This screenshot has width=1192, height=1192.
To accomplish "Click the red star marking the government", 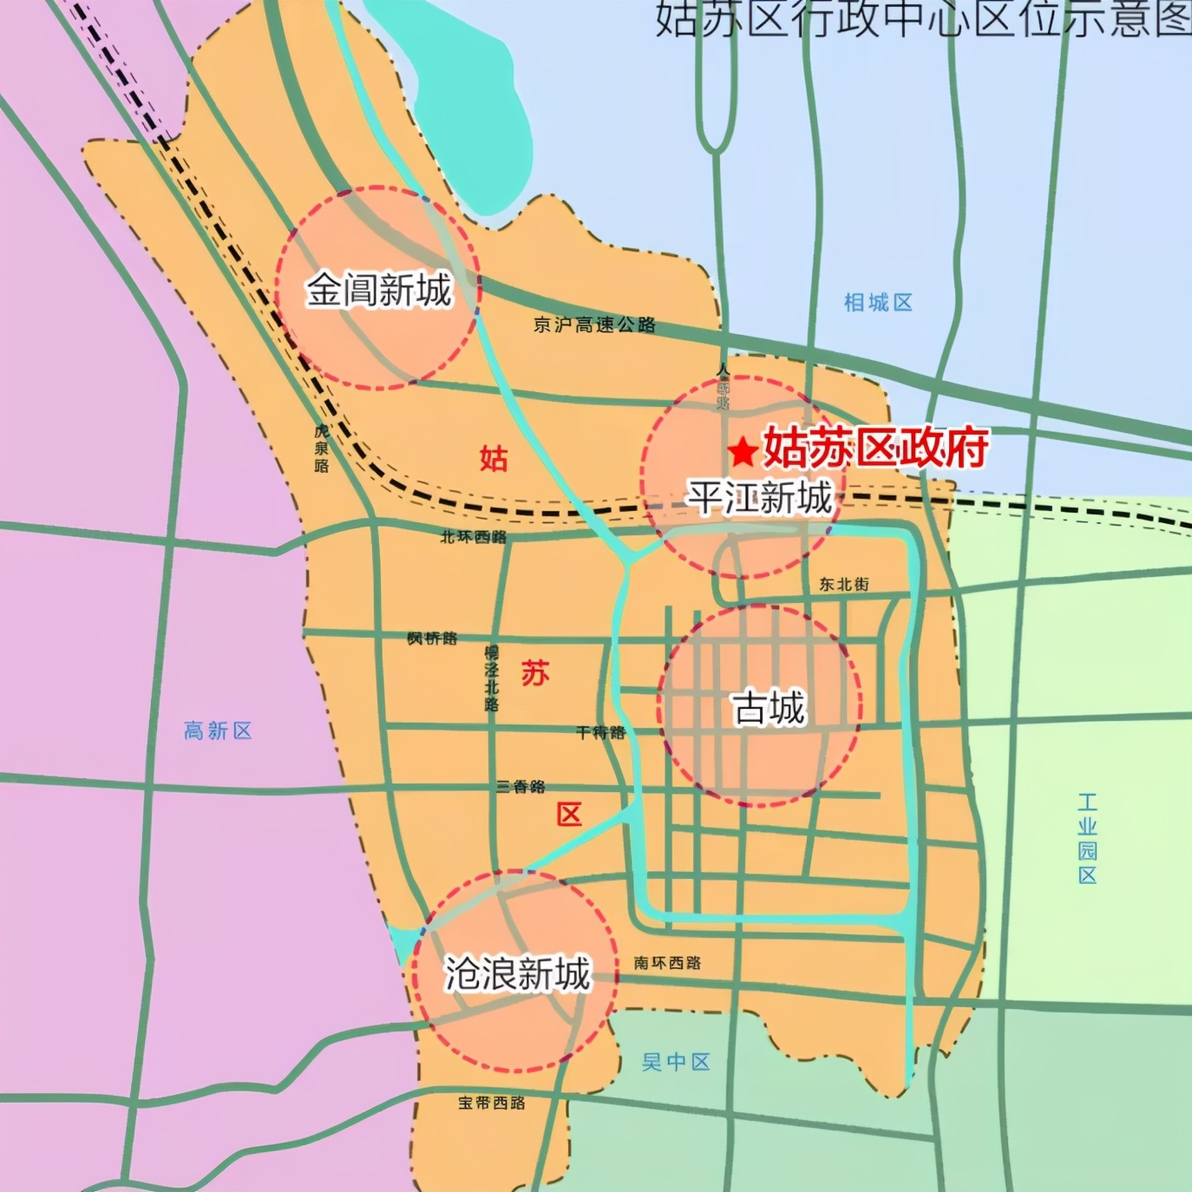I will point(742,451).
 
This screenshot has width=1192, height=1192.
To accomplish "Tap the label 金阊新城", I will point(378,289).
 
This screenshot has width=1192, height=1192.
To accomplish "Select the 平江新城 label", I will point(760,497).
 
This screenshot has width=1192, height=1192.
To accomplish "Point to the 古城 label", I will point(769,708).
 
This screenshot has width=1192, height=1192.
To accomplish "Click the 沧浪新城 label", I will point(517,973).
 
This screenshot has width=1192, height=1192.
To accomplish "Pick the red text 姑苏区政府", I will point(875,448).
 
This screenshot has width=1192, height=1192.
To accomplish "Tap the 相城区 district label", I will point(878,303).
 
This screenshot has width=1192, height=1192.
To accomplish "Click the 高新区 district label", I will point(218,730).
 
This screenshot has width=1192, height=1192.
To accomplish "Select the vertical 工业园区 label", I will point(1087,838).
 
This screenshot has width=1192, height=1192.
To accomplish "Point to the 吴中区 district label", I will point(676,1061).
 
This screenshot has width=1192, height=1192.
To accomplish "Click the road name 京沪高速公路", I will point(594,324).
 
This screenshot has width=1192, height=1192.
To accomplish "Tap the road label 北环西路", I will point(473,537).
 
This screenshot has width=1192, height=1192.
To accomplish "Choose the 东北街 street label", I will point(843,584).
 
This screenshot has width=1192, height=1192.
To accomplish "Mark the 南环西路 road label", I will point(667,962).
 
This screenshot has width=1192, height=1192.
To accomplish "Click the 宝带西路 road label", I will point(492,1103).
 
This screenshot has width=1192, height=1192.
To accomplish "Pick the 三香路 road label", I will point(521,787).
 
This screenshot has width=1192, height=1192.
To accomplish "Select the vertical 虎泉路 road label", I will point(322,448).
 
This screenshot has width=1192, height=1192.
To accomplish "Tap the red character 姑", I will point(494,458).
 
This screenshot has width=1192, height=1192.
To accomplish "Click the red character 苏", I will point(535,672).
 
